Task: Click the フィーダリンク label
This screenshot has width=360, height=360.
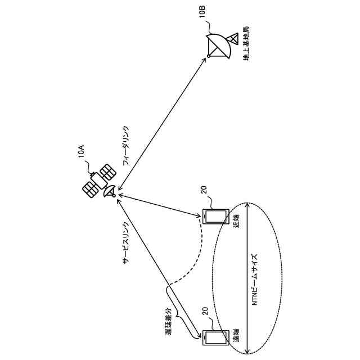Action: coord(126,145)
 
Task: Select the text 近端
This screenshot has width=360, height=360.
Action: coord(237,219)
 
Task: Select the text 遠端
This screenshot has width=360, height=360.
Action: coord(237,337)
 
